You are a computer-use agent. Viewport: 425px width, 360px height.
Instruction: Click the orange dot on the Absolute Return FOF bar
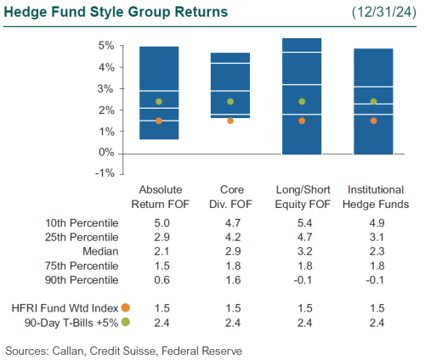[159, 121]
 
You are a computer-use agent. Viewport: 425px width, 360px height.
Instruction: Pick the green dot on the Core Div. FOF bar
[230, 102]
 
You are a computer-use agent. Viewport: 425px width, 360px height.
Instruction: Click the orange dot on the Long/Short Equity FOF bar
[302, 121]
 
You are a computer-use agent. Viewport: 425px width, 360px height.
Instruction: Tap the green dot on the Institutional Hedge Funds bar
[373, 102]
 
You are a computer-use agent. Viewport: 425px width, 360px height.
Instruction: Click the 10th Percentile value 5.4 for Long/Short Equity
[302, 222]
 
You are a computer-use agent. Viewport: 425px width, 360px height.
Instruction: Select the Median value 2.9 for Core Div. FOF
[230, 252]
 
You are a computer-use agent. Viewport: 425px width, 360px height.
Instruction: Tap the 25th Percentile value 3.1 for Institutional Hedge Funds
[373, 237]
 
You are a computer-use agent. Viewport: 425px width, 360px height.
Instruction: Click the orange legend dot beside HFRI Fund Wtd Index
[125, 307]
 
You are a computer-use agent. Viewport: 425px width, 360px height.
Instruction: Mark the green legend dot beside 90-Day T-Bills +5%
[125, 322]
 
